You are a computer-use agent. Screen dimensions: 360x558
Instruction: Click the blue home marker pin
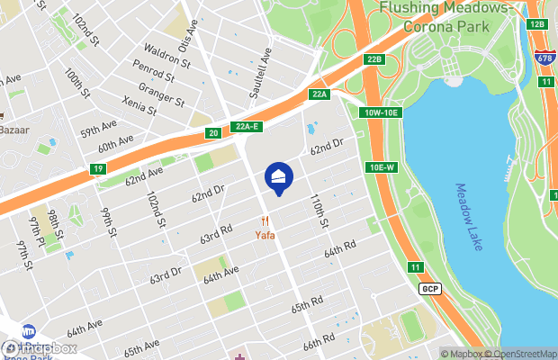click(279, 179)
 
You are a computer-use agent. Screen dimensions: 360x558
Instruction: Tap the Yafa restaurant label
click(263, 236)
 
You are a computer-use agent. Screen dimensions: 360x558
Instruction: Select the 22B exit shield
click(375, 60)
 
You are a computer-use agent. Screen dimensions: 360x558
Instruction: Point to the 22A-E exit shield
click(245, 127)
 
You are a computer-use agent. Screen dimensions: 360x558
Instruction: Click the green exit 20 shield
click(212, 134)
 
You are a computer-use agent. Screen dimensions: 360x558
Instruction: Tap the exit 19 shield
click(97, 169)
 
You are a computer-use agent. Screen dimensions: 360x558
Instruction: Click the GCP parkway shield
click(430, 288)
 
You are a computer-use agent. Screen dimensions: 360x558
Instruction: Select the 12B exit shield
click(537, 23)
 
